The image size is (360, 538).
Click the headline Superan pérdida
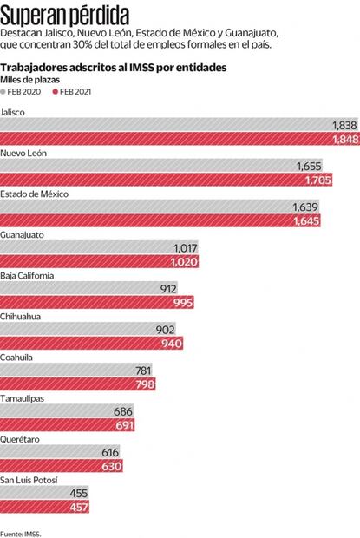(x=65, y=15)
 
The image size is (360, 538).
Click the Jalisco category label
(x=13, y=112)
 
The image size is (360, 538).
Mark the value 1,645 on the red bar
(x=304, y=221)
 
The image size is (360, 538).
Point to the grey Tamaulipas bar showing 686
(x=65, y=411)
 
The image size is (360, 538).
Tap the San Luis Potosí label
(x=29, y=480)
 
